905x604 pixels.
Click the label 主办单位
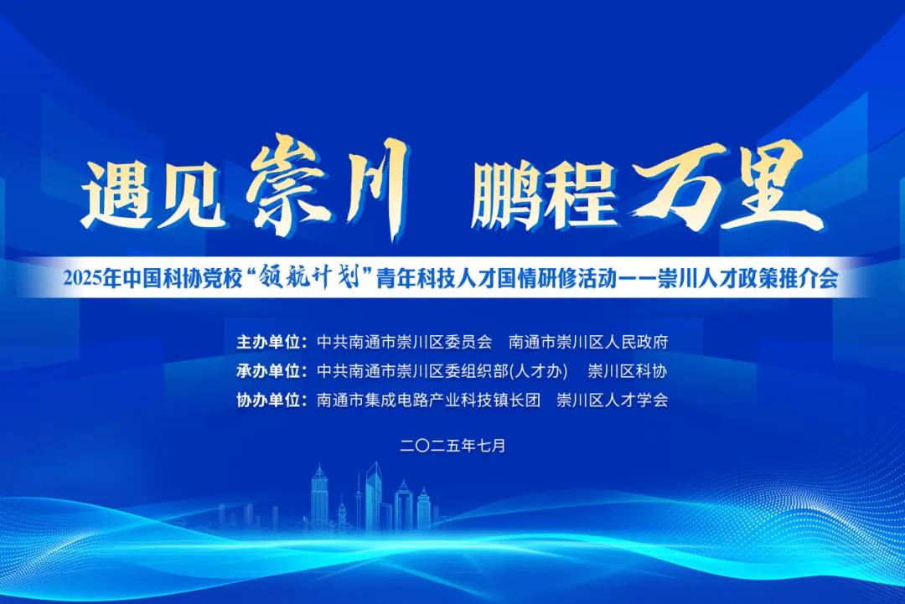(x=272, y=342)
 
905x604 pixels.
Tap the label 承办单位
(x=272, y=371)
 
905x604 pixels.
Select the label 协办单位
(x=272, y=400)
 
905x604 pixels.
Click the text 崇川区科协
(x=628, y=371)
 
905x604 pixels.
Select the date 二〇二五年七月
(x=452, y=446)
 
